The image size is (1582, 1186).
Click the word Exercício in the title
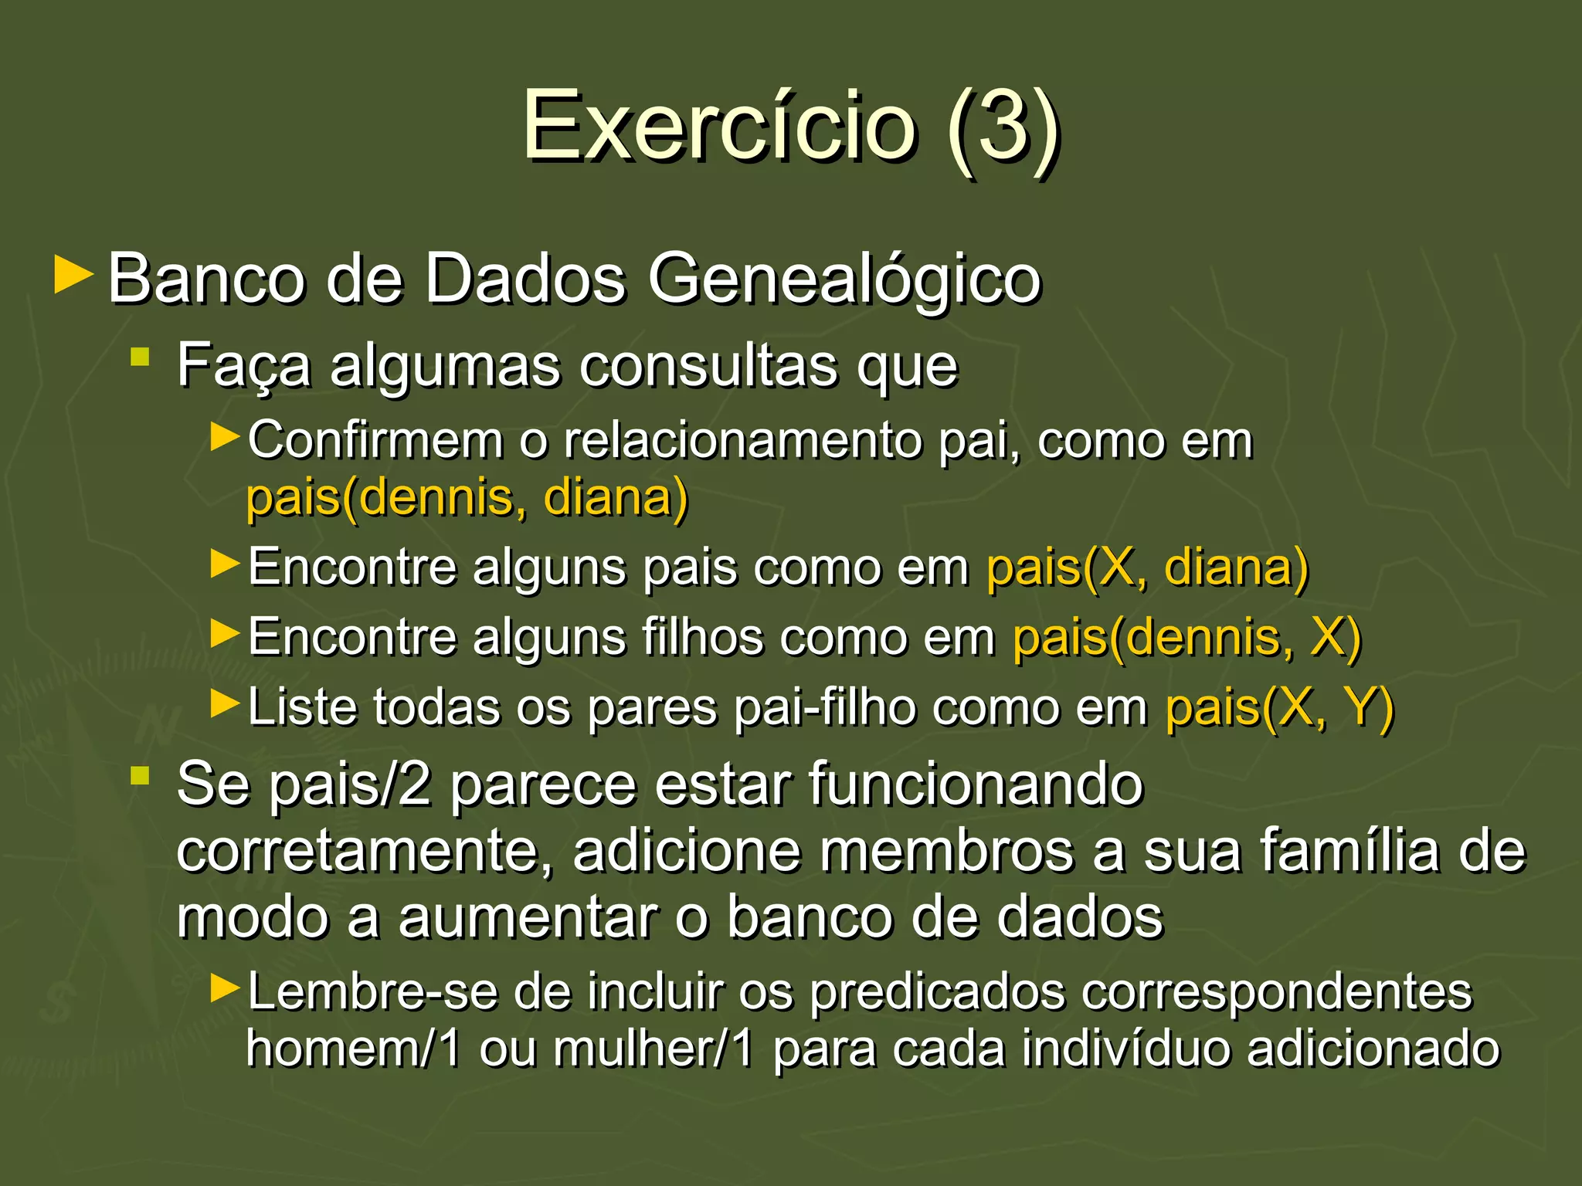pos(718,125)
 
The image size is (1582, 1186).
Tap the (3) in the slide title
pos(1003,125)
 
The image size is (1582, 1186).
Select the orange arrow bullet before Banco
pos(74,276)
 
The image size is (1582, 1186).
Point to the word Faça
pos(243,366)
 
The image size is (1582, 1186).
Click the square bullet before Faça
pos(140,356)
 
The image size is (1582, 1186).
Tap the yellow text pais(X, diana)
pos(1147,568)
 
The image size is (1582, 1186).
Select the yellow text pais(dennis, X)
pos(1186,638)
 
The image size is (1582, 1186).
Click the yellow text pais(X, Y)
pos(1279,707)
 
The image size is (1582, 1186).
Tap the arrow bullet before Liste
pos(226,703)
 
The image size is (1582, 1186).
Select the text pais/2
pos(351,784)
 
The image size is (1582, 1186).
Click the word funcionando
pos(976,784)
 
